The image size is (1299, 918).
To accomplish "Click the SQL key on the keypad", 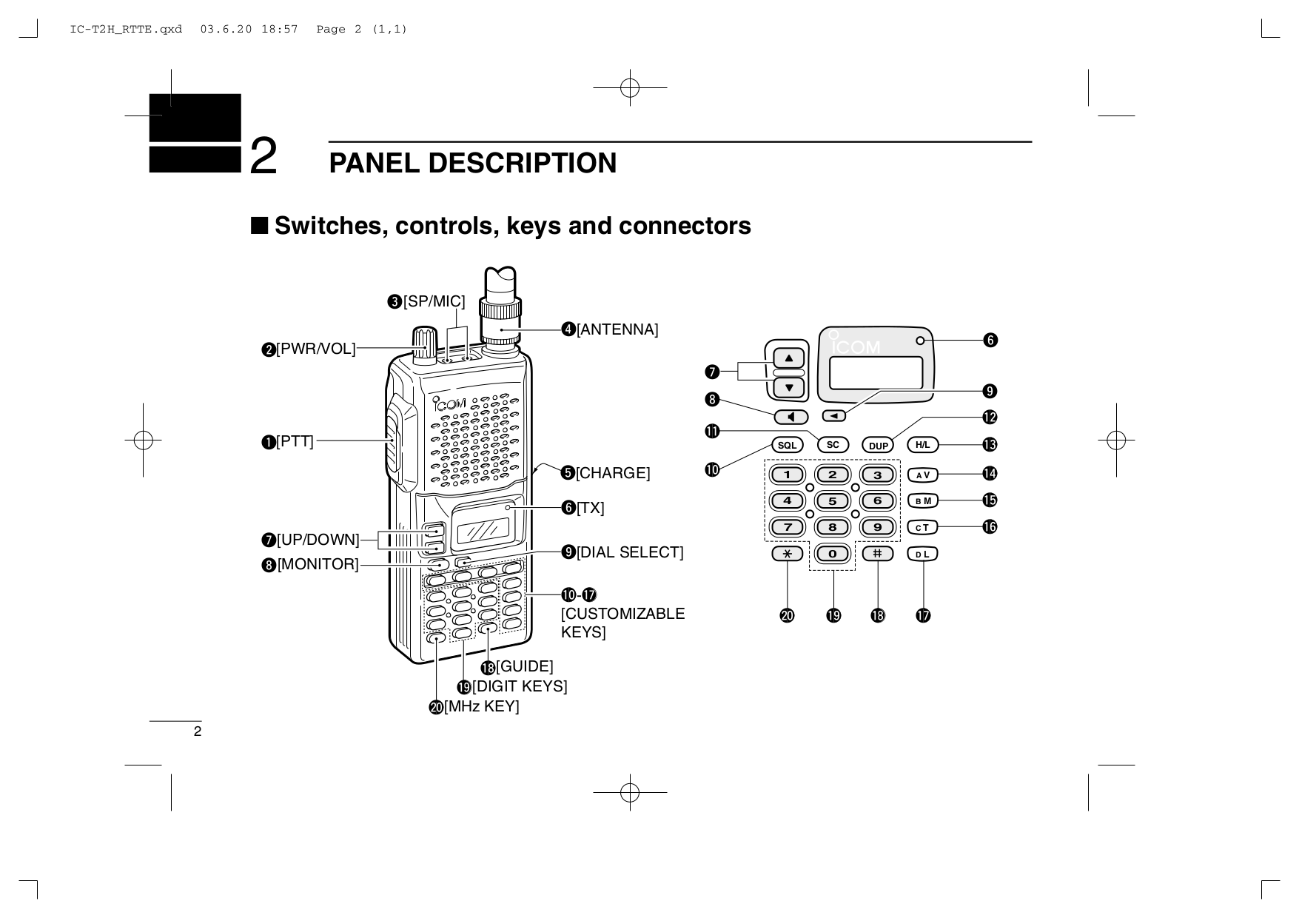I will click(x=787, y=445).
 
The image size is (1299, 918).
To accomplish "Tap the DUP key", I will click(x=878, y=445).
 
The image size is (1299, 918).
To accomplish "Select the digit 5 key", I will click(x=833, y=501).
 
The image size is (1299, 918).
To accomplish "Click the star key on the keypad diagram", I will click(x=787, y=554).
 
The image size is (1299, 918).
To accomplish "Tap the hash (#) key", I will click(x=878, y=553).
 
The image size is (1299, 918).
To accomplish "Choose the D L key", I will click(x=922, y=554).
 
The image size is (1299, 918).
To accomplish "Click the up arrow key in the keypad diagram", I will click(x=789, y=358).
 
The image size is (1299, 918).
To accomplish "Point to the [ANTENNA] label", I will click(x=617, y=329).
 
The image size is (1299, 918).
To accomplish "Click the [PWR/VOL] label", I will click(x=316, y=349).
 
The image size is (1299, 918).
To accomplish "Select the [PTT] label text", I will click(x=295, y=442).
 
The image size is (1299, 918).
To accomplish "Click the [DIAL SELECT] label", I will click(x=630, y=552).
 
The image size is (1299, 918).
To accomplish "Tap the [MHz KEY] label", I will click(x=481, y=706).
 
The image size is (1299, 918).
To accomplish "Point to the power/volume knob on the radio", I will click(x=425, y=344).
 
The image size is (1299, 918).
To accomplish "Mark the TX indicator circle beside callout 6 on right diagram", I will click(x=920, y=341).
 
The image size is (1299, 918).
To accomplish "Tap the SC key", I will click(x=833, y=445).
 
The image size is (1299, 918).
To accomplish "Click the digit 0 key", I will click(x=833, y=554).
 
